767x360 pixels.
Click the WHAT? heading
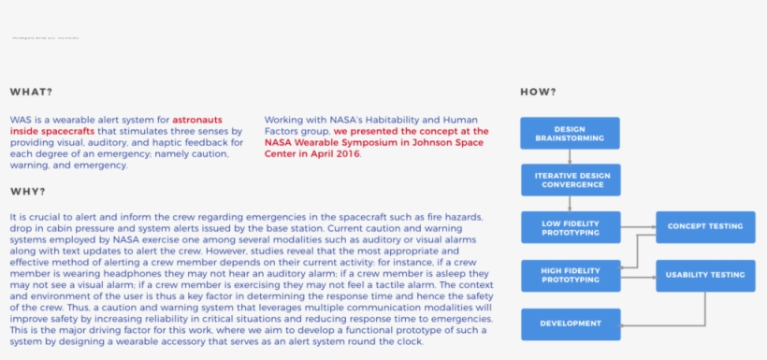pyautogui.click(x=31, y=92)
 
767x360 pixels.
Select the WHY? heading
pyautogui.click(x=28, y=192)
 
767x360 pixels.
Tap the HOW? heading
pyautogui.click(x=538, y=92)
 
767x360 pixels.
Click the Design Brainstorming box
pyautogui.click(x=570, y=133)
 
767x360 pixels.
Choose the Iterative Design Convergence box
pyautogui.click(x=570, y=180)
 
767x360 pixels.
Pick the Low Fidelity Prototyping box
pyautogui.click(x=570, y=227)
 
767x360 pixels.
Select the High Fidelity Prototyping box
pyautogui.click(x=570, y=276)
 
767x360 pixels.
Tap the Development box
pyautogui.click(x=570, y=324)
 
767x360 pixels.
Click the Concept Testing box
pyautogui.click(x=704, y=227)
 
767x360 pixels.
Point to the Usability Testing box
pyautogui.click(x=704, y=276)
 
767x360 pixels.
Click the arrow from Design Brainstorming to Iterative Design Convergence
pyautogui.click(x=570, y=156)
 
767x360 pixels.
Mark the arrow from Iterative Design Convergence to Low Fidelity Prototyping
pyautogui.click(x=570, y=204)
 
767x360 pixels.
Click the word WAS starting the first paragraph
pyautogui.click(x=20, y=120)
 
